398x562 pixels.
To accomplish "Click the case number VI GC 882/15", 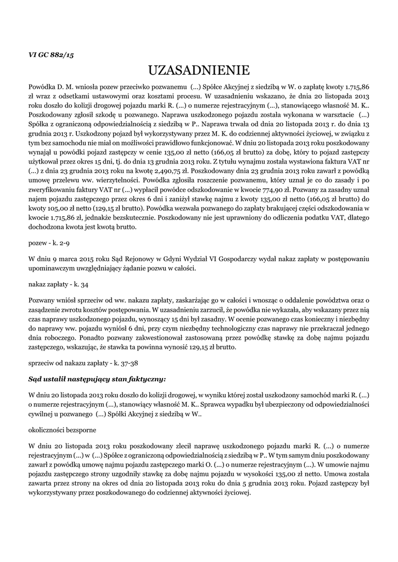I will pyautogui.click(x=51, y=55).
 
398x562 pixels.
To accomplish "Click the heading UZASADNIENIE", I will pyautogui.click(x=199, y=70).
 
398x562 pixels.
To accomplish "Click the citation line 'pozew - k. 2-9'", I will pyautogui.click(x=49, y=241).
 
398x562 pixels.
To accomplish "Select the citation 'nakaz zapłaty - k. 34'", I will pyautogui.click(x=58, y=285).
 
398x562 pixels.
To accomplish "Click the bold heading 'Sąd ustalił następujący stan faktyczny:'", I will pyautogui.click(x=97, y=379).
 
